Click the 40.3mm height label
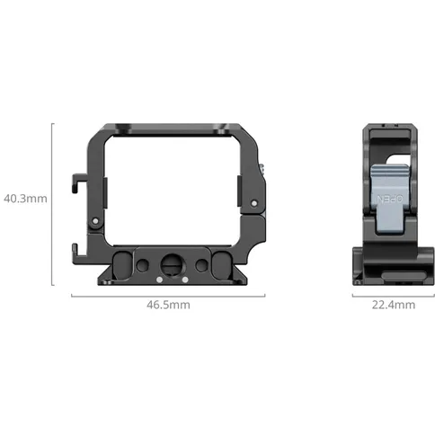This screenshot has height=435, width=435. click(x=24, y=196)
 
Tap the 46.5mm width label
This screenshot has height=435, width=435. click(x=170, y=305)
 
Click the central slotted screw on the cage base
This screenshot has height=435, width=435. click(x=170, y=264)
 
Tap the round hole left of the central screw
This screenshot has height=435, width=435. click(x=143, y=264)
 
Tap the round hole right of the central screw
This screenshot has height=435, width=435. click(x=197, y=264)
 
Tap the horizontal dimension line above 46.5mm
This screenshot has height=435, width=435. click(x=170, y=293)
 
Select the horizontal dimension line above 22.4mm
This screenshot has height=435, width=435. click(x=394, y=293)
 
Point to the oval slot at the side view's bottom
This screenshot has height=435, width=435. click(x=394, y=274)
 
